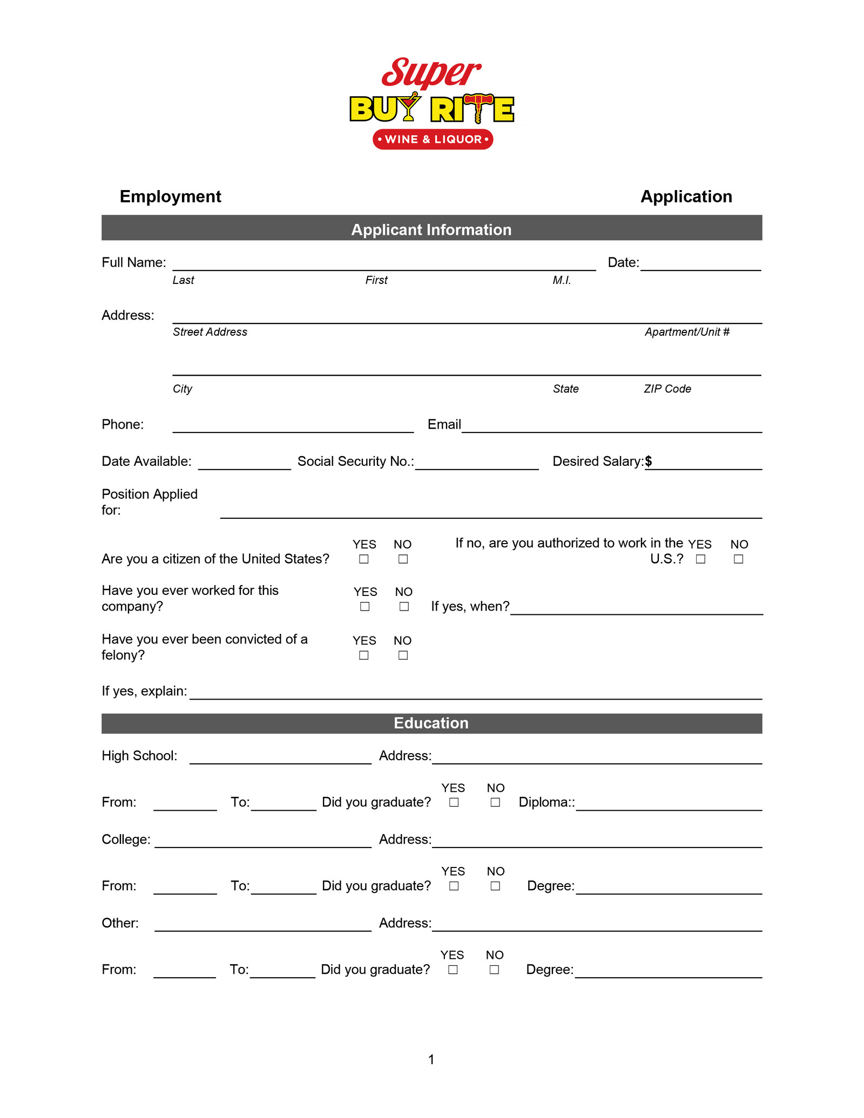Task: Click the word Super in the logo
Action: pos(430,73)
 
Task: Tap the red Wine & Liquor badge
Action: pos(433,139)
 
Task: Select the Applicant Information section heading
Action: pos(431,229)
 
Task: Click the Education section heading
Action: pos(431,723)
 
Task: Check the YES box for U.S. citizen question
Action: pos(364,559)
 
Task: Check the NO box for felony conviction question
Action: pos(403,655)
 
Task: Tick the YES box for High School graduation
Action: pos(454,803)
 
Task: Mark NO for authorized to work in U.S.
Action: pos(739,559)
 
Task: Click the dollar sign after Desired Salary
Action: pos(649,461)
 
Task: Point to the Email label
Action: pos(444,424)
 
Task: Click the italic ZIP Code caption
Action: pos(667,389)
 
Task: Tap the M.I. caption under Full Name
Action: pos(562,280)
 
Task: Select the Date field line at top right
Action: pos(700,265)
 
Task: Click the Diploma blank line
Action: pos(669,805)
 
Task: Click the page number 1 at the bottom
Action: pos(431,1060)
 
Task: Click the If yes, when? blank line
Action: pos(636,609)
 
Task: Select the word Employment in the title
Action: pos(170,197)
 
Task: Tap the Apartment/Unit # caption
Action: pos(687,332)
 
